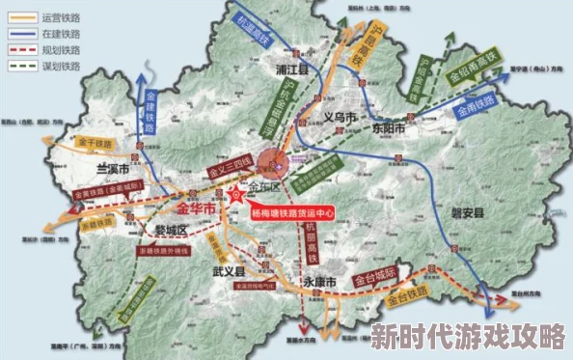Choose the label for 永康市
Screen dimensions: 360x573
point(318,282)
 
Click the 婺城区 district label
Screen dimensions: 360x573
point(169,230)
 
